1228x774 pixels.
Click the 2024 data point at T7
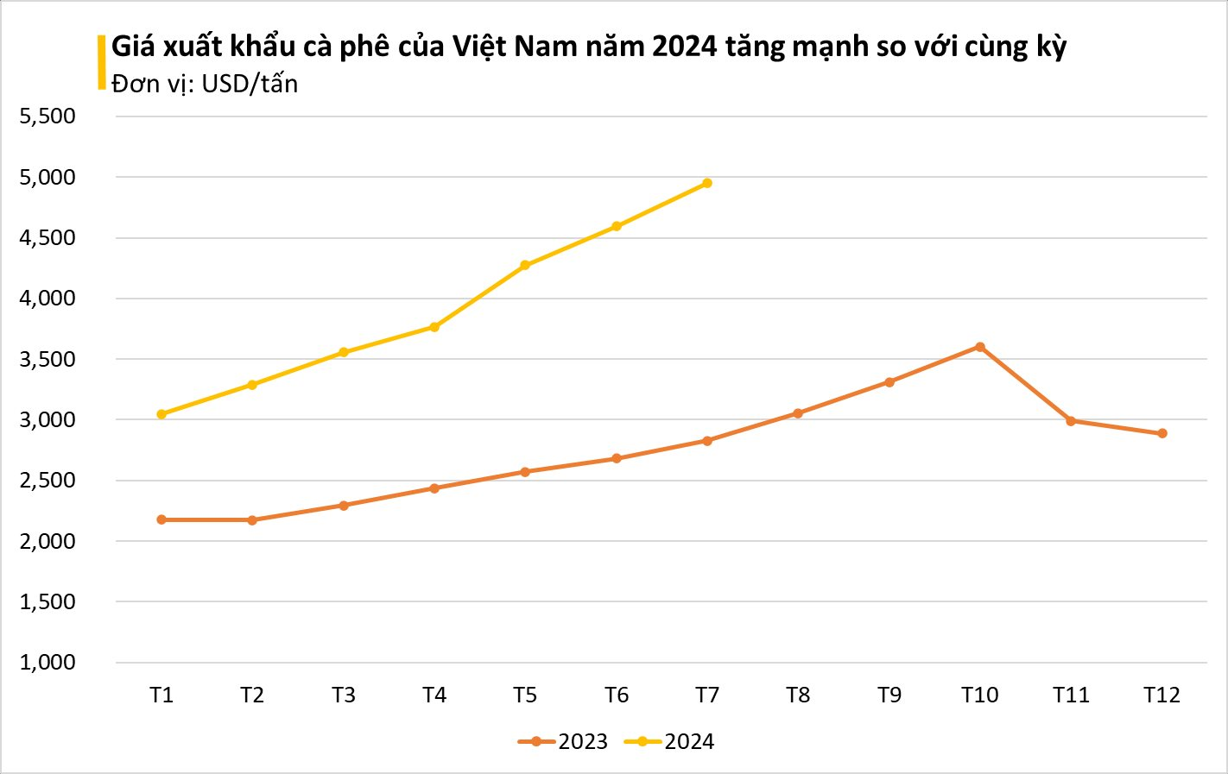tap(707, 183)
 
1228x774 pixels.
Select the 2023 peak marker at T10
tap(980, 347)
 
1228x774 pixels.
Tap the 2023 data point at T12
tap(1162, 433)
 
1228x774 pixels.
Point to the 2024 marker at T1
tap(161, 414)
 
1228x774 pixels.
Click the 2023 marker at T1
tap(161, 519)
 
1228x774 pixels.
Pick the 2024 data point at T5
tap(525, 265)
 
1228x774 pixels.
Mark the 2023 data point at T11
tap(1071, 421)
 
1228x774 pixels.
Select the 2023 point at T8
tap(798, 413)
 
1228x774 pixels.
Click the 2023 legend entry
tap(564, 742)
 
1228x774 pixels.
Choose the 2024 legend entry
tap(670, 742)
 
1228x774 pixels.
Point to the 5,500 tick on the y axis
tap(47, 116)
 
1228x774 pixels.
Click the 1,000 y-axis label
tap(47, 663)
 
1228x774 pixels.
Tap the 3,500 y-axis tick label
tap(47, 359)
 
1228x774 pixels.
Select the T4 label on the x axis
tap(434, 695)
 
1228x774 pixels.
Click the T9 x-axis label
tap(889, 695)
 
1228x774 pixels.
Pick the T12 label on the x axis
tap(1162, 695)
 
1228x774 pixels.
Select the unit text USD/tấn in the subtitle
tap(250, 84)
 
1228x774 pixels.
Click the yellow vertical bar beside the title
tap(102, 62)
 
